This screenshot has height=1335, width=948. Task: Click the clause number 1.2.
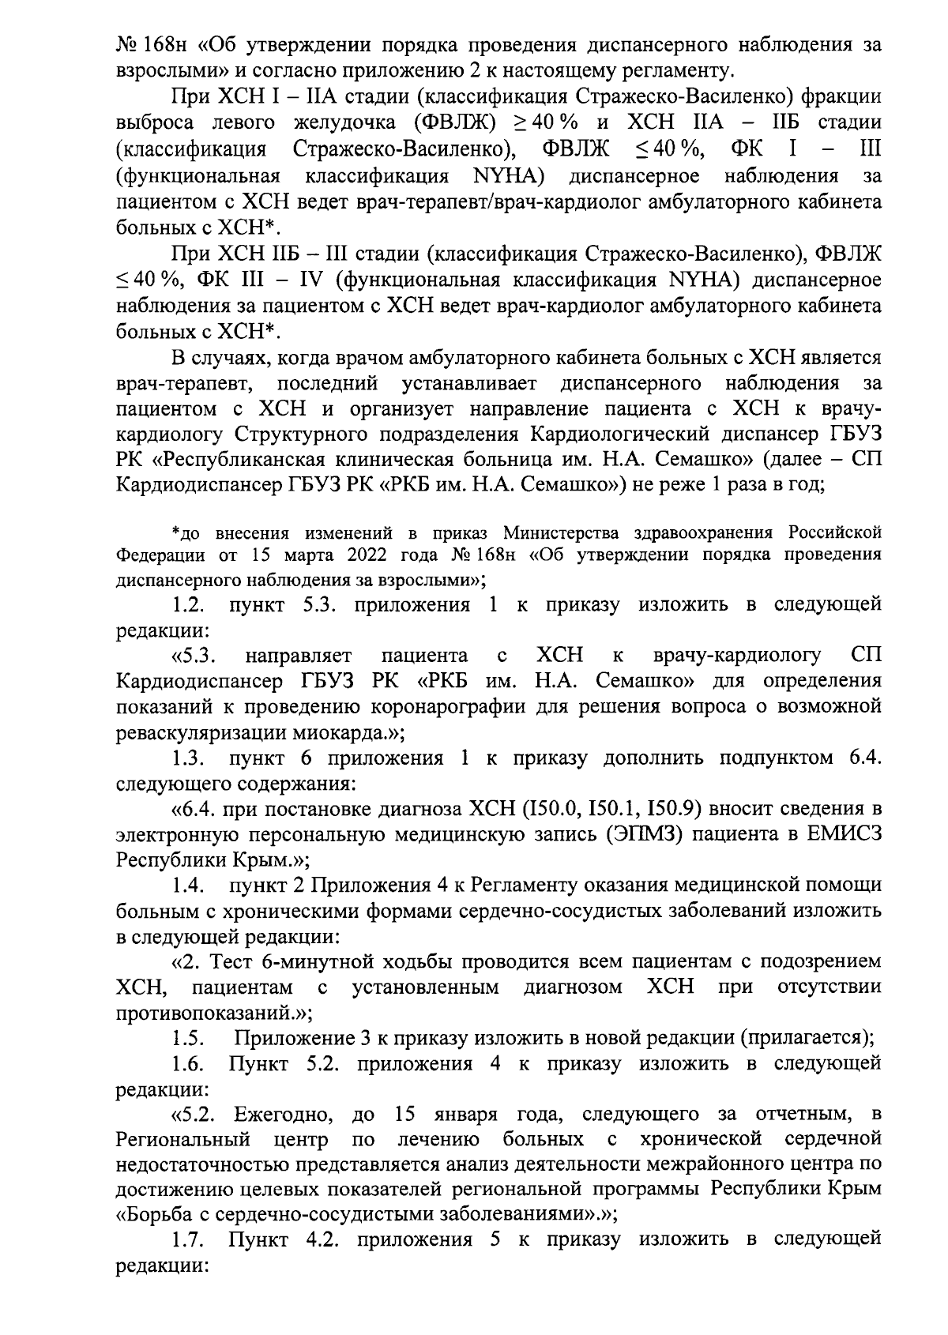[190, 606]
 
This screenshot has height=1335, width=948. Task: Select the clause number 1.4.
[190, 886]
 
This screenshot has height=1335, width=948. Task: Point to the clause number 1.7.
[190, 1239]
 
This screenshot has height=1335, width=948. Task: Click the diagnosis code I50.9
[669, 809]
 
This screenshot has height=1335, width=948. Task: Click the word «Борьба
[158, 1215]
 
